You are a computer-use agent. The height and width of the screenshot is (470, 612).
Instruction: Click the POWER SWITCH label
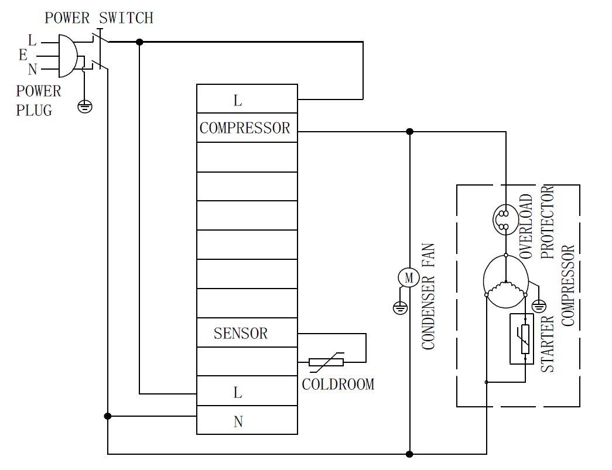[x=99, y=18]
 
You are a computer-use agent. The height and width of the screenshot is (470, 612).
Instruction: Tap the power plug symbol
[x=66, y=56]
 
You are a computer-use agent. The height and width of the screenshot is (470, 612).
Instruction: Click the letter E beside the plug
[x=23, y=55]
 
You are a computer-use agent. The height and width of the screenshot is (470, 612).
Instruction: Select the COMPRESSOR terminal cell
[x=247, y=128]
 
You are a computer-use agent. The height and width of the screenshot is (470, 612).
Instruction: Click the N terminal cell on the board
[x=247, y=421]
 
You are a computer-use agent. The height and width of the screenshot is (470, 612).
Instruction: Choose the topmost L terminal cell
[x=247, y=100]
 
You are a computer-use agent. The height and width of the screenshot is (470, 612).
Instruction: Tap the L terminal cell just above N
[x=247, y=392]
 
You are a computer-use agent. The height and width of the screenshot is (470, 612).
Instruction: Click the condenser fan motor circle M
[x=409, y=277]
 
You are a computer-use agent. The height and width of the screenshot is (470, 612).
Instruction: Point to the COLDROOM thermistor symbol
[x=326, y=362]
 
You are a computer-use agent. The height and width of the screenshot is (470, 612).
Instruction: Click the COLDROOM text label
[x=338, y=385]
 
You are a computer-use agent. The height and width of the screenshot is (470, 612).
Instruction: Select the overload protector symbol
[x=505, y=219]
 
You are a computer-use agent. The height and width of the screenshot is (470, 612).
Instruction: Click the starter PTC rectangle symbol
[x=525, y=339]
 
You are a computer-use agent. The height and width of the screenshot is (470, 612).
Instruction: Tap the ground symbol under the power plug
[x=85, y=107]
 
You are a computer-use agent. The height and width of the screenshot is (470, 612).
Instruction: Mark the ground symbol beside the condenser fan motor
[x=400, y=307]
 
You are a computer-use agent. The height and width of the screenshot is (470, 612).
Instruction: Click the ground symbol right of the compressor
[x=539, y=306]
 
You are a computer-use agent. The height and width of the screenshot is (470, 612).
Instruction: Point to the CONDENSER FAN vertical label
[x=428, y=296]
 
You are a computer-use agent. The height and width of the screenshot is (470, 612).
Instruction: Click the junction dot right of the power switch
[x=139, y=42]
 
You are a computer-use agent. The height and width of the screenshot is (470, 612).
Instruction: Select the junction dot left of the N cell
[x=108, y=416]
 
